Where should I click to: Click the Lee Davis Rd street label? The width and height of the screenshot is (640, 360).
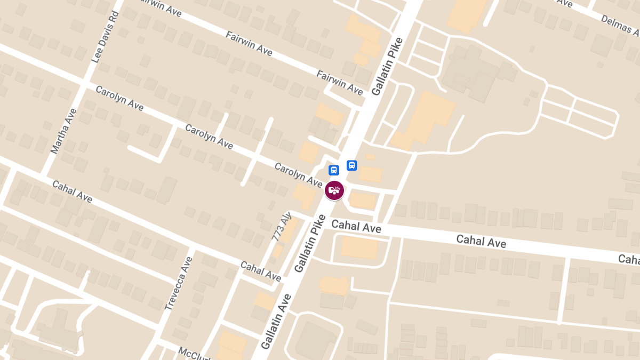coord(105,36)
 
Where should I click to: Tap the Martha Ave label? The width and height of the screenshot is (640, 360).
coord(63,131)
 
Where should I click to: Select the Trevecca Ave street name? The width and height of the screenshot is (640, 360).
coord(178,283)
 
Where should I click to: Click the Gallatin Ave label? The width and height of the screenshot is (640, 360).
coord(277,322)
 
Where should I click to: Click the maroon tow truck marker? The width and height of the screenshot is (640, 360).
coord(334,190)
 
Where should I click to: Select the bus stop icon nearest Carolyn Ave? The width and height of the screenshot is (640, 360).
coord(334,171)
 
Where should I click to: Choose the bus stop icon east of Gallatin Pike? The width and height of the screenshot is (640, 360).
coord(352,165)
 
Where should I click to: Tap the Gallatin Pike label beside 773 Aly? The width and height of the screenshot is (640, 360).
coord(309,243)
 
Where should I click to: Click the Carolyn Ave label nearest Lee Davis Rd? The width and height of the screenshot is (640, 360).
coord(119,98)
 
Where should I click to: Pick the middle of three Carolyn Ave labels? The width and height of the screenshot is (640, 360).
coord(209,137)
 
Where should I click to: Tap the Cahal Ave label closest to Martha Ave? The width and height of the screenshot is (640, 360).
coord(72,191)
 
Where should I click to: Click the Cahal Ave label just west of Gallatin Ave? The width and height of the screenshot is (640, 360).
coord(260,271)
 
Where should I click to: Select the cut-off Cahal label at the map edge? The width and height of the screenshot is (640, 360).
coord(629,259)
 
